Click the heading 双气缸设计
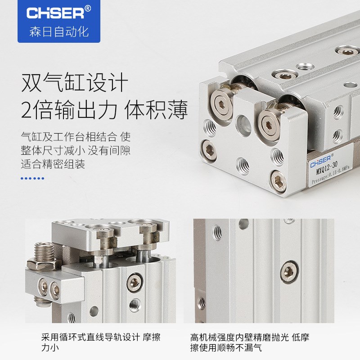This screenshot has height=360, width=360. pyautogui.click(x=75, y=83)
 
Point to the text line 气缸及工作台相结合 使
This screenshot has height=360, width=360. pyautogui.click(x=75, y=136)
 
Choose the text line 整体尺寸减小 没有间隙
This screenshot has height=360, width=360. pyautogui.click(x=75, y=150)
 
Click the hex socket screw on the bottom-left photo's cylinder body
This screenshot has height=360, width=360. pyautogui.click(x=134, y=282)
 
